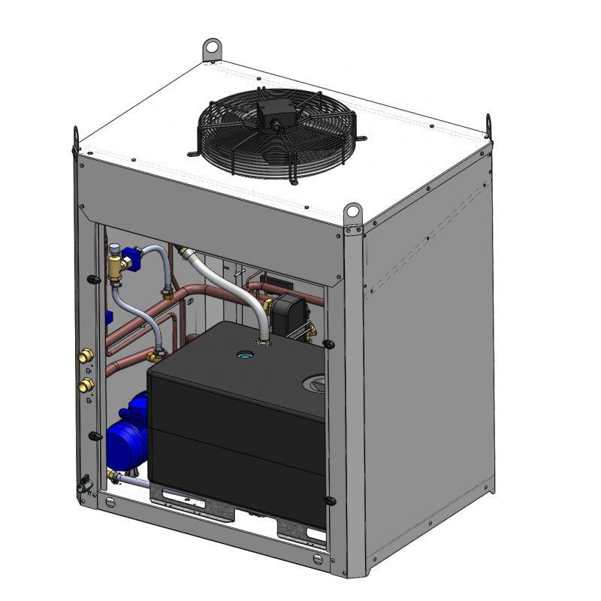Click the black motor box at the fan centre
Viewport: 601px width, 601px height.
point(272,114)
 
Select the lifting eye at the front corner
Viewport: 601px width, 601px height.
point(353,212)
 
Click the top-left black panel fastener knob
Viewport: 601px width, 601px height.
point(92,280)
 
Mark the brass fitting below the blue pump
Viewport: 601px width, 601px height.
point(113,476)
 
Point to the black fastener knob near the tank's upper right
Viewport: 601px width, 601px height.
point(328,343)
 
